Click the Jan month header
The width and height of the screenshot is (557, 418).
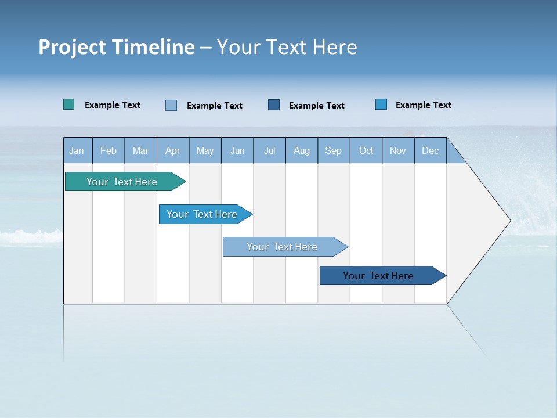(77, 150)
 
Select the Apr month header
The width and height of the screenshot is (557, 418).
(172, 150)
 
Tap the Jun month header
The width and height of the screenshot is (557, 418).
(237, 150)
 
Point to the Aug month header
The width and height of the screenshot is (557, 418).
(301, 150)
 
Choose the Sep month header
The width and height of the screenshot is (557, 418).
(333, 150)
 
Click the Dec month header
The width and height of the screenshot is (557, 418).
(430, 150)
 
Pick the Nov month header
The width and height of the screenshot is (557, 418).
(397, 150)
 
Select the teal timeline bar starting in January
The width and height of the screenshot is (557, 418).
(122, 182)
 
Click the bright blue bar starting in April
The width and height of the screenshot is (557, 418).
(202, 214)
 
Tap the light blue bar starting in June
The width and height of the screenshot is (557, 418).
(283, 247)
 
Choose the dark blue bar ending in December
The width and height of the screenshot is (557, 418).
(379, 276)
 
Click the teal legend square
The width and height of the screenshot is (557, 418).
(68, 105)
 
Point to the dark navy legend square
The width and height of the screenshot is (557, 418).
(274, 105)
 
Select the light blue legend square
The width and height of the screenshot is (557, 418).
(171, 105)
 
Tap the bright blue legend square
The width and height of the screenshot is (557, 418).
(381, 105)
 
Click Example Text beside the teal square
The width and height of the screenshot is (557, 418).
(113, 105)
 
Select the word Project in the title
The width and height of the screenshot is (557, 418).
(73, 47)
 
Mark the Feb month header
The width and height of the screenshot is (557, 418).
(108, 150)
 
